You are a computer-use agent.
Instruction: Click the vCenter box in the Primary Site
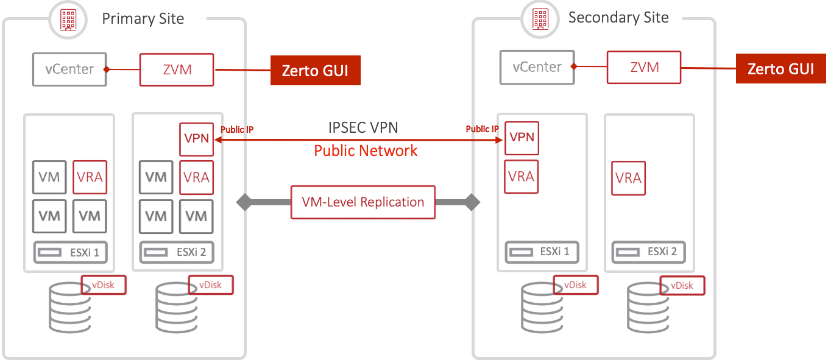(69, 69)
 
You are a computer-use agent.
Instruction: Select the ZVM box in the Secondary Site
(644, 67)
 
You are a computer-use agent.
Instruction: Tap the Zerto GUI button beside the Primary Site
(315, 71)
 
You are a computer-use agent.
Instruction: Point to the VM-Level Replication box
(363, 202)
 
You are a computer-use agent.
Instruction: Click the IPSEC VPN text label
(363, 128)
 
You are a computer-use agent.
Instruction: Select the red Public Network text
(366, 150)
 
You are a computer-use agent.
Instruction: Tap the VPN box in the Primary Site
(196, 139)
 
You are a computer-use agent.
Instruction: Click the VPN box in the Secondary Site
(522, 137)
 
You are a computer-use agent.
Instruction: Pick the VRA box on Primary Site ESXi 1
(90, 177)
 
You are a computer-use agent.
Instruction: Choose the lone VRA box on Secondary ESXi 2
(628, 178)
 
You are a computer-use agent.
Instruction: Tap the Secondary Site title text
(618, 18)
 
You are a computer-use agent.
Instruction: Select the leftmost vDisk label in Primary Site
(104, 285)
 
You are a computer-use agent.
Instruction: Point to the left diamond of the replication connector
(244, 202)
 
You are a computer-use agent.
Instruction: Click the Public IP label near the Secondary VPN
(482, 129)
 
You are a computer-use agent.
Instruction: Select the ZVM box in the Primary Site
(177, 69)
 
